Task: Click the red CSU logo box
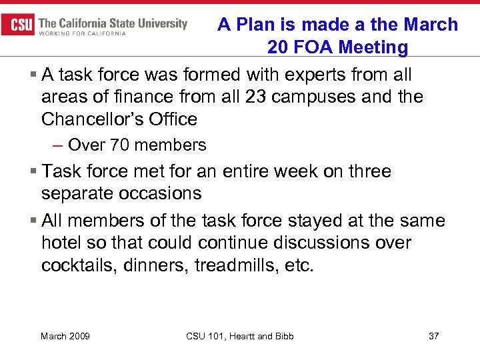(18, 25)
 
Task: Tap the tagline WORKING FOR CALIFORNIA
(82, 33)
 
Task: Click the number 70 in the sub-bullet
(121, 145)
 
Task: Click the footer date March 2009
(65, 336)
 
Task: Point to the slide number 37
(433, 336)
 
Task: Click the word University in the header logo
(159, 23)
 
